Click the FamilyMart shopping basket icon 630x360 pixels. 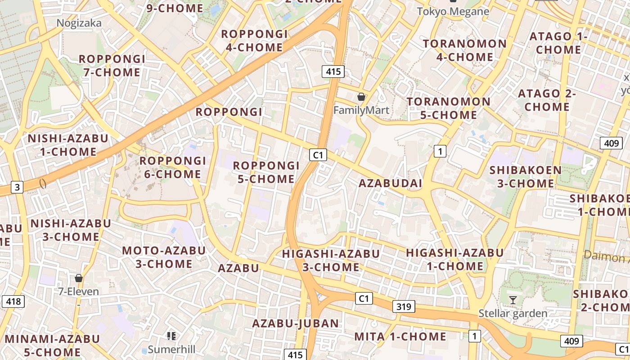point(361,97)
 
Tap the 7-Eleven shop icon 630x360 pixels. point(79,278)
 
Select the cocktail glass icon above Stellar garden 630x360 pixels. point(513,300)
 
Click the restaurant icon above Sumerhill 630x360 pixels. point(171,336)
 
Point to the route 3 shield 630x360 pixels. point(17,187)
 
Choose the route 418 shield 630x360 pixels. point(13,301)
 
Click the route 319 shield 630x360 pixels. point(404,307)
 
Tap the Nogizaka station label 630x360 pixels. point(79,23)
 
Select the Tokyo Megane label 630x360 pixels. point(453,12)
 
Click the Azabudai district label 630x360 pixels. point(391,183)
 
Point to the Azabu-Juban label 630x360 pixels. point(295,323)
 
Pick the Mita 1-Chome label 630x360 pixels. point(400,337)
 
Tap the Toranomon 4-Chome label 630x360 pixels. point(465,50)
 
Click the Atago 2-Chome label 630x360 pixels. point(547,100)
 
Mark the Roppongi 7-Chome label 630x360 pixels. point(112,66)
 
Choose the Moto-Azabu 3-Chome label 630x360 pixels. point(164,257)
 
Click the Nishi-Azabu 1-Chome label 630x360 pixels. point(68,145)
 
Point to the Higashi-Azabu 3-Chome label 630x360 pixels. point(331,261)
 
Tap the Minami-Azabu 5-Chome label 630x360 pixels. point(52,345)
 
